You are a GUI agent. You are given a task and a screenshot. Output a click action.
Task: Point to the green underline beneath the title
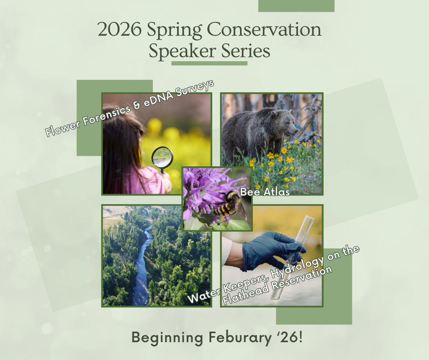coord(209,63)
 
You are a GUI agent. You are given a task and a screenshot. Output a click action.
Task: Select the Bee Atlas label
coord(265,192)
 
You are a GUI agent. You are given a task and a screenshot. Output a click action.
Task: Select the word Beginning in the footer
coord(167,339)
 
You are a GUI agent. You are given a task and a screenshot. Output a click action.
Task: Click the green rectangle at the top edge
coord(296,5)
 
